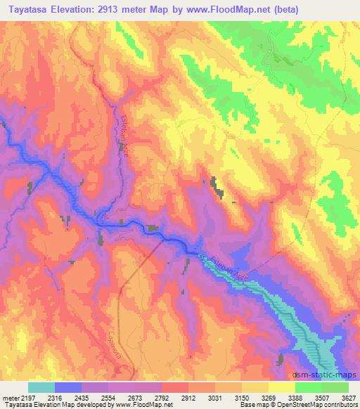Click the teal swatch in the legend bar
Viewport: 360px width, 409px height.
pyautogui.click(x=41, y=387)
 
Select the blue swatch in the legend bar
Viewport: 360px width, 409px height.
pyautogui.click(x=68, y=387)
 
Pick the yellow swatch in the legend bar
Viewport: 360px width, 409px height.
pyautogui.click(x=282, y=387)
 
